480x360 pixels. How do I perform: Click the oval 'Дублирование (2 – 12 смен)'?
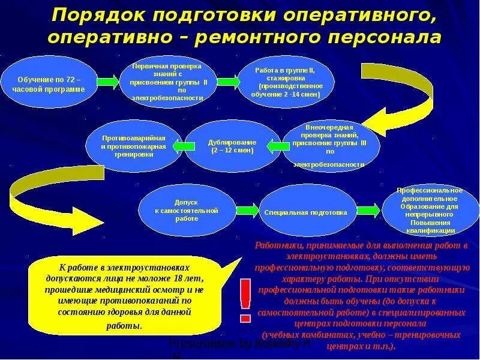(232, 146)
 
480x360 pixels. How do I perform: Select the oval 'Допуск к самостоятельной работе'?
(186, 211)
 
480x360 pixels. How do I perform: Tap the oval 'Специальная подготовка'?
(305, 212)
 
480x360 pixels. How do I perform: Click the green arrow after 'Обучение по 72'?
(108, 80)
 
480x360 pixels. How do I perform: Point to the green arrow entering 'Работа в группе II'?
(227, 80)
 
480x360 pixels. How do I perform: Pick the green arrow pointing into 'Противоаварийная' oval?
(179, 145)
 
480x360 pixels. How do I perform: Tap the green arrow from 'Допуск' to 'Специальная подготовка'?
(247, 210)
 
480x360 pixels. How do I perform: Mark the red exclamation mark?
(245, 299)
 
